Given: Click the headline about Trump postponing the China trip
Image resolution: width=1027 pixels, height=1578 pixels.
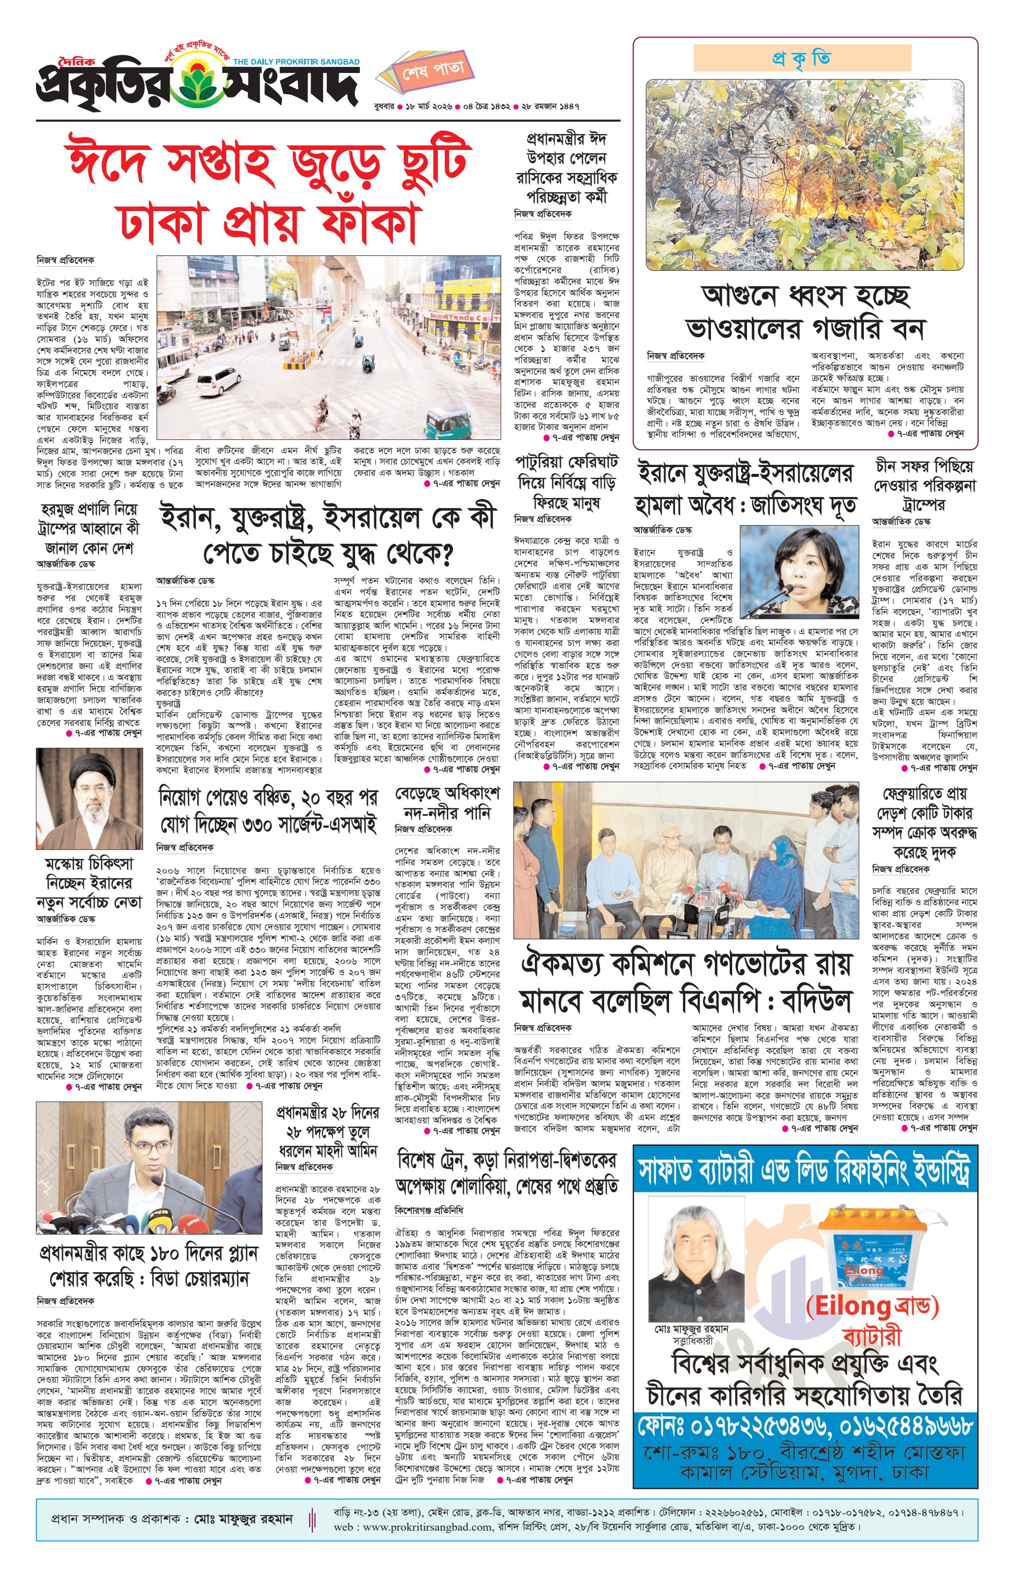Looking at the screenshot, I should [924, 484].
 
